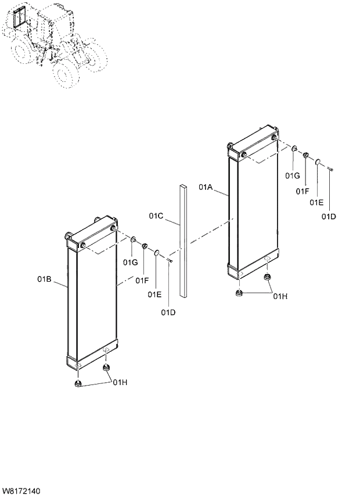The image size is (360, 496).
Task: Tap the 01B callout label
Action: (x=45, y=279)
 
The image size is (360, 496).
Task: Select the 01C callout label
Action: (x=156, y=216)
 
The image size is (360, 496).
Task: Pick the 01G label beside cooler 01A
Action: (x=292, y=175)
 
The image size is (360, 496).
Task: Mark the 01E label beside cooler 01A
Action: (x=316, y=202)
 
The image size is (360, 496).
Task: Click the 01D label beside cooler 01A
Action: (x=329, y=217)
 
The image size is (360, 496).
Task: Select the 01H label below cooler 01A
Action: (x=280, y=296)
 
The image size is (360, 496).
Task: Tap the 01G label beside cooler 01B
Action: (x=130, y=263)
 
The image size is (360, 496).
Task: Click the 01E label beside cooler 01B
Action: (x=154, y=294)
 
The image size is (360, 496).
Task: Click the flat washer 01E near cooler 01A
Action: (x=318, y=161)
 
